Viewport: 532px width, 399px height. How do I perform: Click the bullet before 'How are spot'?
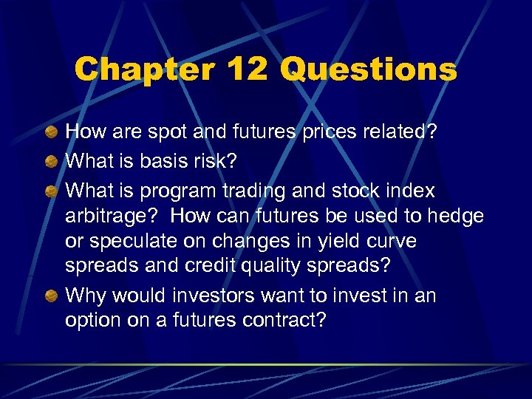pyautogui.click(x=50, y=132)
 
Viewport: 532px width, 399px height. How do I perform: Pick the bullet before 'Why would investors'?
pyautogui.click(x=50, y=296)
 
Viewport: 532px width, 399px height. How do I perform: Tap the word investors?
pyautogui.click(x=219, y=296)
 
